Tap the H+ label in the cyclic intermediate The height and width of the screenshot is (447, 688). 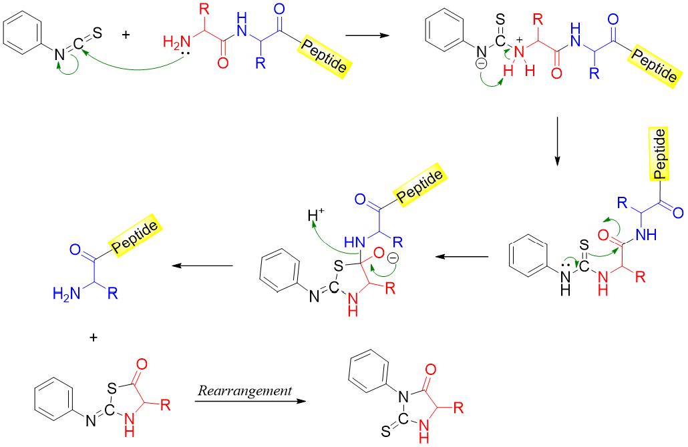click(314, 215)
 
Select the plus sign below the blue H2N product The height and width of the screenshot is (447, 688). click(93, 338)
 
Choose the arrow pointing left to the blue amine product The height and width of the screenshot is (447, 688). click(202, 266)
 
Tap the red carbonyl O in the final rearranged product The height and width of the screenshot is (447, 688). click(429, 368)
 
